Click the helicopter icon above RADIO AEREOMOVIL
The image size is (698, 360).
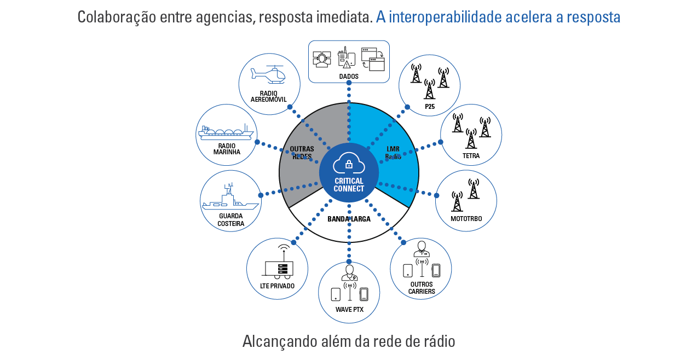pos(269,75)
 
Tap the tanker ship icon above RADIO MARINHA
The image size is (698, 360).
pos(226,132)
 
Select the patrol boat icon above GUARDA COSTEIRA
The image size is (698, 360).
pos(230,199)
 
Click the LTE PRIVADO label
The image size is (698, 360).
pos(277,286)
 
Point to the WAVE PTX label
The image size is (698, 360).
pos(349,310)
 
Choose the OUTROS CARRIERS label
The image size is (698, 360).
pos(421,288)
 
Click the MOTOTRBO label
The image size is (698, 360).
pos(466,218)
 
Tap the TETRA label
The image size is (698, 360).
pos(471,156)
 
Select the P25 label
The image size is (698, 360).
pos(430,107)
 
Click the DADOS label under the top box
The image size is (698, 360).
pos(349,77)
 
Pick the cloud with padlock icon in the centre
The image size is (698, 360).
pos(349,163)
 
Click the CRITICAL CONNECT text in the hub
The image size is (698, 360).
pos(349,185)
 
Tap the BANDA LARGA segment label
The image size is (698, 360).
pos(349,219)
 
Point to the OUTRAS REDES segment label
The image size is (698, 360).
pos(302,153)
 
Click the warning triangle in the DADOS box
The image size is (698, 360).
pos(347,65)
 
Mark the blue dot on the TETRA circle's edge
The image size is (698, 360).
pos(440,142)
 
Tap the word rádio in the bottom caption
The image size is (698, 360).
pos(437,341)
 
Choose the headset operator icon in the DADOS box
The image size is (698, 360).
pos(322,59)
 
